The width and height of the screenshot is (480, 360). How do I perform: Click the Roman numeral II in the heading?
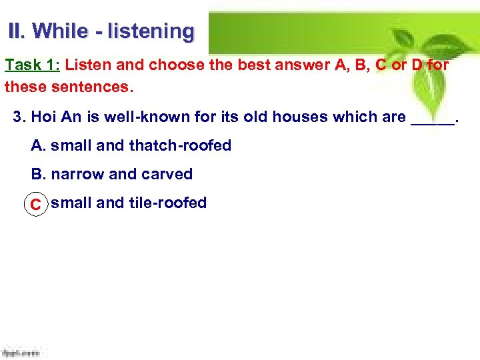tap(15, 31)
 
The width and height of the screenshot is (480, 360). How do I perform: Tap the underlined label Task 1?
tap(32, 65)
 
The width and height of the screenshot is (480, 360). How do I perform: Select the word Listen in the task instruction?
tap(87, 65)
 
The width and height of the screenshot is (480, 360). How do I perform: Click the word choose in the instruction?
tap(173, 65)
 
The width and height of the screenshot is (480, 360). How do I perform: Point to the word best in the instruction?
tap(247, 65)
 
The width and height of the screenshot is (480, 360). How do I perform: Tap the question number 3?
tap(19, 117)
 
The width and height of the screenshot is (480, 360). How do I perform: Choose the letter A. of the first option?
tap(39, 145)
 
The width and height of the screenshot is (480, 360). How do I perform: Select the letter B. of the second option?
tap(39, 174)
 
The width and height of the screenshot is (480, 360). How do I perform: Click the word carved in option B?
tap(167, 174)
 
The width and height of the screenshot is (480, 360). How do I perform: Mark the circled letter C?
tap(36, 204)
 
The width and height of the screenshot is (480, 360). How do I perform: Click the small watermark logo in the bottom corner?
tap(20, 353)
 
